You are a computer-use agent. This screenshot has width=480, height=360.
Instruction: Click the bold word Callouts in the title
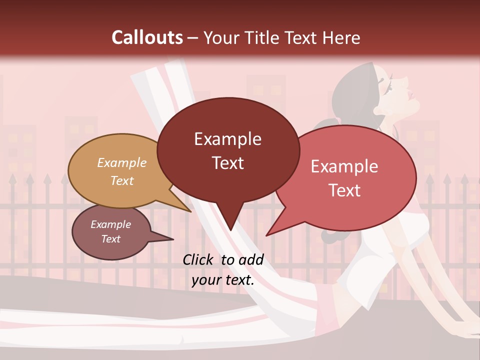[x=147, y=37]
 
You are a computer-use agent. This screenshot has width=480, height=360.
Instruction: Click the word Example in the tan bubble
[x=122, y=163]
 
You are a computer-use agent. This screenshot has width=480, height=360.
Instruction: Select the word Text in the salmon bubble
[x=345, y=190]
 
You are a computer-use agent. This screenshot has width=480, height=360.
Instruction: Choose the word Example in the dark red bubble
[x=228, y=138]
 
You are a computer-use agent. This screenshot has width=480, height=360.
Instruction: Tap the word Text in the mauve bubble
[x=111, y=239]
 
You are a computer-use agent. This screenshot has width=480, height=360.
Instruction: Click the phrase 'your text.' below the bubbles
[x=223, y=280]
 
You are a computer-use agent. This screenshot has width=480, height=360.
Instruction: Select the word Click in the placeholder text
[x=198, y=259]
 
